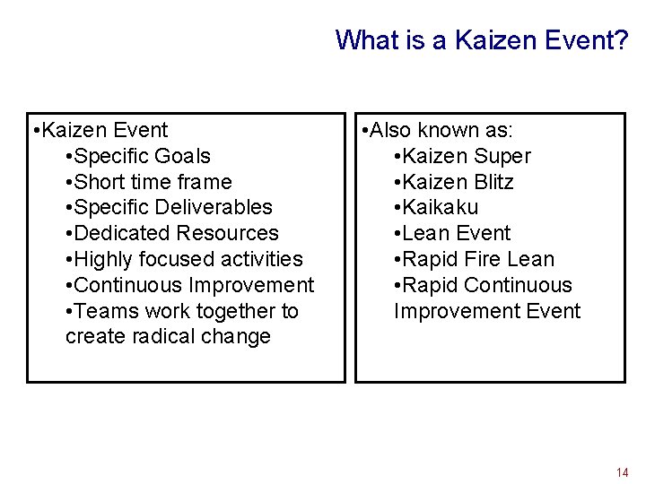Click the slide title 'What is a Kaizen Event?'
pyautogui.click(x=482, y=40)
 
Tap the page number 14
pyautogui.click(x=622, y=472)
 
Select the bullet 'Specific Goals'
pyautogui.click(x=142, y=156)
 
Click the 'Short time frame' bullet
pyautogui.click(x=153, y=182)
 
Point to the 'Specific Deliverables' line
pyautogui.click(x=172, y=207)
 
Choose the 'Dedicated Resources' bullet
pyautogui.click(x=176, y=233)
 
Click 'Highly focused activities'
pyautogui.click(x=188, y=259)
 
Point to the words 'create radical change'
pyautogui.click(x=168, y=337)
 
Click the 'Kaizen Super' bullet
pyautogui.click(x=467, y=156)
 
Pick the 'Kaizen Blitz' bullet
pyautogui.click(x=458, y=182)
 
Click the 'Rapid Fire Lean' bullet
pyautogui.click(x=478, y=259)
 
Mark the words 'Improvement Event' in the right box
pyautogui.click(x=487, y=311)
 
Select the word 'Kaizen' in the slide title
pyautogui.click(x=485, y=40)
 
